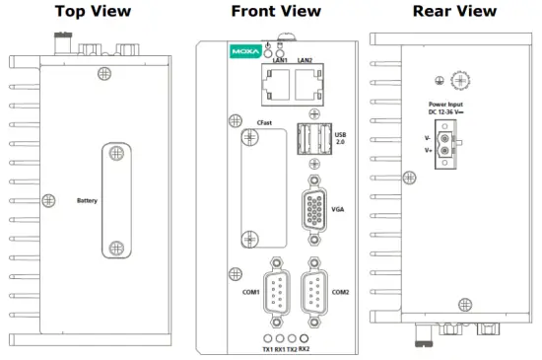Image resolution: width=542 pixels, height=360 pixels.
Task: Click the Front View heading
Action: [275, 11]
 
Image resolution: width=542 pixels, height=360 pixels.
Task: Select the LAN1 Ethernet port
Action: [275, 86]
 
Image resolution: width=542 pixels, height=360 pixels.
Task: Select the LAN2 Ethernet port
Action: [306, 86]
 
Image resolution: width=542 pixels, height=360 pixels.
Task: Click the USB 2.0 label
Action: [341, 138]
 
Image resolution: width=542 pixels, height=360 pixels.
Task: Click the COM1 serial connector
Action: [278, 292]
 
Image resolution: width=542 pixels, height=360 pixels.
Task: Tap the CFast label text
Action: [265, 122]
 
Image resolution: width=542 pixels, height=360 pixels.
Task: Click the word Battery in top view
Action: [88, 200]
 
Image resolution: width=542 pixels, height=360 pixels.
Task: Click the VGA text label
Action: [338, 210]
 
